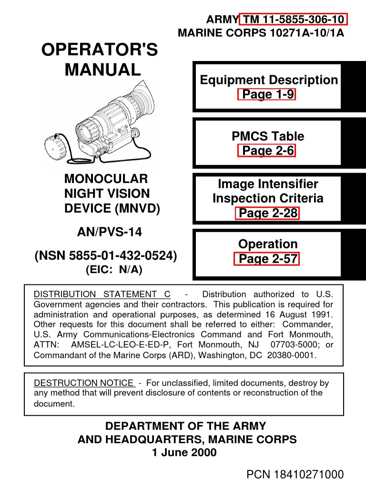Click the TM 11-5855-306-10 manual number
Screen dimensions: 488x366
click(294, 20)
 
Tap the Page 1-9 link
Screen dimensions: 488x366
click(267, 94)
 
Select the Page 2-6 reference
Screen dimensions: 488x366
click(267, 151)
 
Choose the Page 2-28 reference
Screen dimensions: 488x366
click(267, 213)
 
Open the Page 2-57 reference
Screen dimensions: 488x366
click(267, 259)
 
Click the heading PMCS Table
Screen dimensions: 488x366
click(267, 136)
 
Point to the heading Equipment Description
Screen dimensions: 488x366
click(269, 80)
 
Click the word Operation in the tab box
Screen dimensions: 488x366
click(267, 244)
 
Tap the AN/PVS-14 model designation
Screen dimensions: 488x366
click(110, 232)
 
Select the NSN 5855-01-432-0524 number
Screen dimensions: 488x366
click(106, 256)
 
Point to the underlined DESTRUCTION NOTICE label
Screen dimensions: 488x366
click(84, 383)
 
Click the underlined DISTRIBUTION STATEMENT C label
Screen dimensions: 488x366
click(102, 294)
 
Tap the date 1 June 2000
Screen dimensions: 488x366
click(184, 452)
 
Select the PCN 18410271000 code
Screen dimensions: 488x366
click(295, 474)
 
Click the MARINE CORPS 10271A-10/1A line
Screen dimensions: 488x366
click(261, 33)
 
